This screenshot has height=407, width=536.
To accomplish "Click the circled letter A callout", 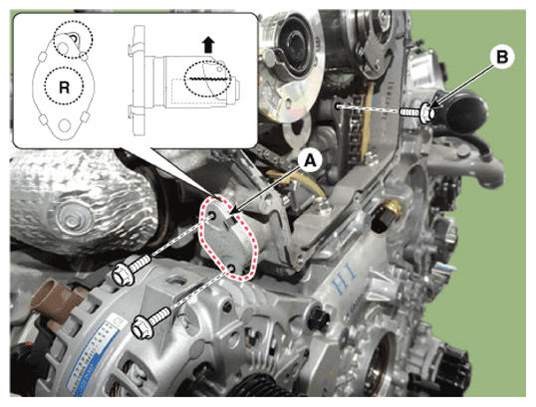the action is (311, 161).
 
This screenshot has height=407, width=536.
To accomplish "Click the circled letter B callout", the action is (502, 58).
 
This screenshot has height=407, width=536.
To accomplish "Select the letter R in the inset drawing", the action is (64, 89).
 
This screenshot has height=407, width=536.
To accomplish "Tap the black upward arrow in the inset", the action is (208, 46).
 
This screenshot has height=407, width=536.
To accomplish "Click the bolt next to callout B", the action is (419, 113).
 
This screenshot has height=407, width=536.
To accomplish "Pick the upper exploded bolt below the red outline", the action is (131, 269).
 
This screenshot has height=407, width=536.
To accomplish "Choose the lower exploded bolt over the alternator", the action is (151, 323).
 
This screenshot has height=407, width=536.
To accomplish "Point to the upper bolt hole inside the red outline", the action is (212, 216).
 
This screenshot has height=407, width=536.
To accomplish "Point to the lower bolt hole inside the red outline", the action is (232, 268).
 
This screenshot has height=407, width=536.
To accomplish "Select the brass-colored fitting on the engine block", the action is (394, 206).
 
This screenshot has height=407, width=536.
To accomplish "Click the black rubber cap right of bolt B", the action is (464, 111).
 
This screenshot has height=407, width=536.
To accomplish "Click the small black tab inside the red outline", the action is (231, 223).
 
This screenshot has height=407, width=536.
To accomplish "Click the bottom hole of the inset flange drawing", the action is (64, 124).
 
